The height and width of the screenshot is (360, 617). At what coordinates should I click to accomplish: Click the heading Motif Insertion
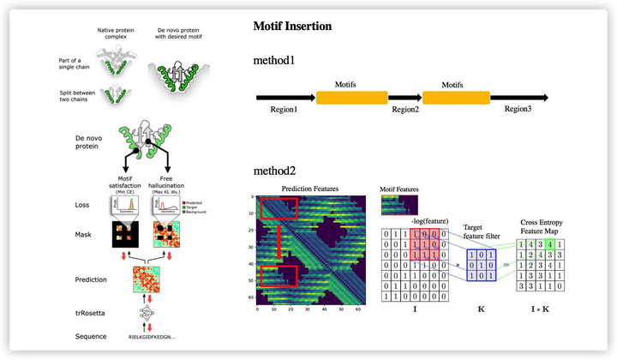coord(292,27)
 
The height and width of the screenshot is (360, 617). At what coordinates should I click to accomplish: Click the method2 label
coord(274,171)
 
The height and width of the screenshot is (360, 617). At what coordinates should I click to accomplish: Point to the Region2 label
coord(405,110)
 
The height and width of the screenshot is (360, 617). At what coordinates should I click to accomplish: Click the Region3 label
coord(518,110)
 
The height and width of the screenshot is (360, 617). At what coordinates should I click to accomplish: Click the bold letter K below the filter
coord(482,304)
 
